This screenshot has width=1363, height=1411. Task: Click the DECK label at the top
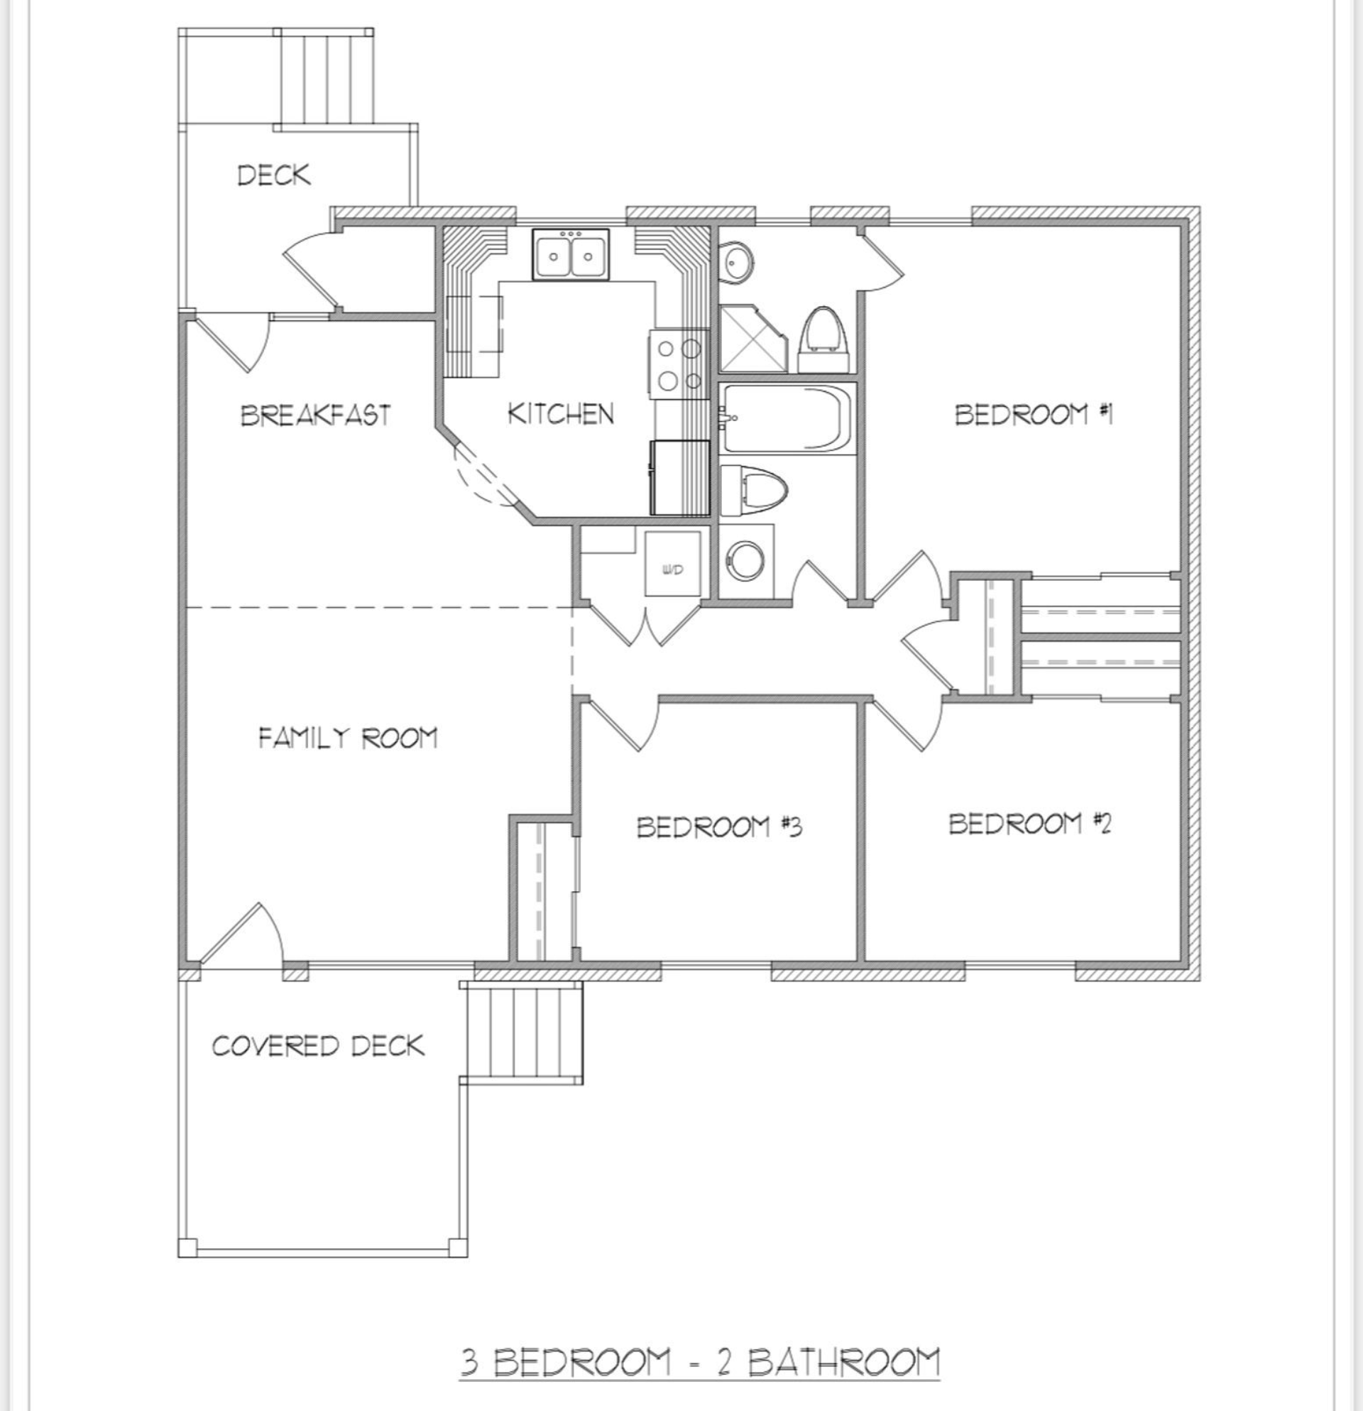coord(273,175)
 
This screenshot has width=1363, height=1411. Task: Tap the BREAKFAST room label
coord(315,415)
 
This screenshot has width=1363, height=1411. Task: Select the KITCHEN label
coord(561,413)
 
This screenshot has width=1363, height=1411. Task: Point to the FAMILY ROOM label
coord(348,737)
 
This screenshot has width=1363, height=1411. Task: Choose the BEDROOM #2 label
coord(1029,823)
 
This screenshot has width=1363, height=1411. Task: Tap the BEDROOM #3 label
coord(719,827)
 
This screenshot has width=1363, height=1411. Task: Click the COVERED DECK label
coord(317,1045)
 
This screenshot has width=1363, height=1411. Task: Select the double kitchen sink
coord(571,254)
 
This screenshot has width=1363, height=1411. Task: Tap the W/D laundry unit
coord(672,564)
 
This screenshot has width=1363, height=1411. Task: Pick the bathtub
coord(787,418)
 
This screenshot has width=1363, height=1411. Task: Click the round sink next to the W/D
coord(745,560)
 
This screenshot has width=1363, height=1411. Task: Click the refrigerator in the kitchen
coord(680,477)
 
